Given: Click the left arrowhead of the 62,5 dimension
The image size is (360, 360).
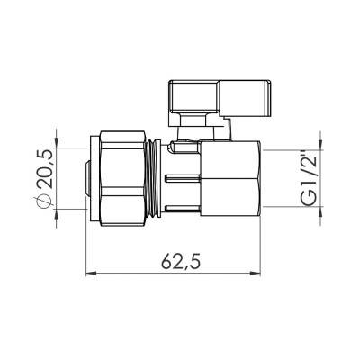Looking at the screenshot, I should [91, 274].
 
